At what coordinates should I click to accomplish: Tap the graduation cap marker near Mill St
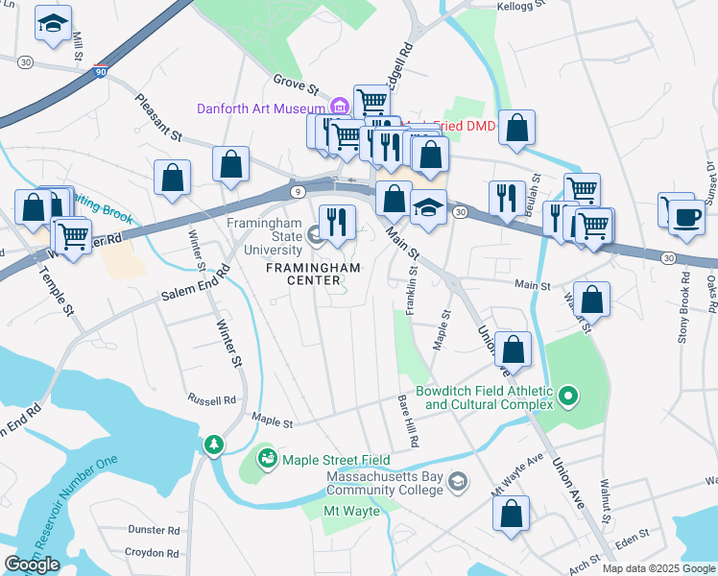click(54, 26)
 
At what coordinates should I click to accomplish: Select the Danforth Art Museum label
click(261, 108)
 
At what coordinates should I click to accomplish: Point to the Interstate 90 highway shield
click(102, 70)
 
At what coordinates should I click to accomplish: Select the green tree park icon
click(212, 444)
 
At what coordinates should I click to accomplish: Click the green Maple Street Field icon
click(267, 461)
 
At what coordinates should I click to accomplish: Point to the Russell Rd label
click(211, 399)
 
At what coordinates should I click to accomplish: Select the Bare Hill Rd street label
click(410, 423)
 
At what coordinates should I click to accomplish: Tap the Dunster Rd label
click(154, 529)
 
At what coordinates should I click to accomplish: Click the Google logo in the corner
click(33, 564)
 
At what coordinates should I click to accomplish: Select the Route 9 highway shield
click(297, 193)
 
